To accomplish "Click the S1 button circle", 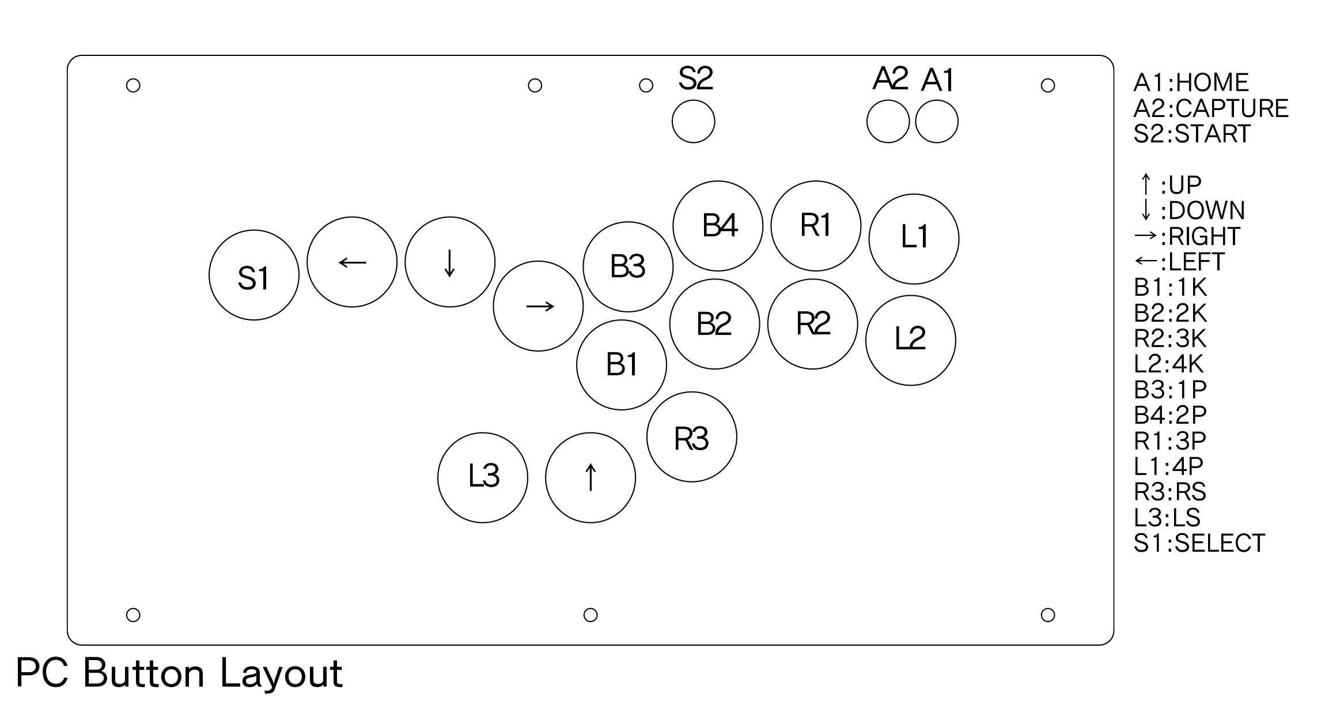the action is tap(254, 275).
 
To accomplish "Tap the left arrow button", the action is tap(352, 262).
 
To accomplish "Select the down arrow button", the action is tap(450, 262).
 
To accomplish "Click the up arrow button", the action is tap(590, 478).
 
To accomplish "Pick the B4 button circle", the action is tap(718, 226).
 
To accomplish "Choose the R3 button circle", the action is tap(692, 436).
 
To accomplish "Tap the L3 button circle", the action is tap(483, 478).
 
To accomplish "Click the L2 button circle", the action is tap(911, 340).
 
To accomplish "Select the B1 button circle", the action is tap(622, 365).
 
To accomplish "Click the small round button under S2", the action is tap(694, 121).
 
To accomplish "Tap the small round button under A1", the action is tap(937, 121).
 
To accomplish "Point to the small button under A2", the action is tap(888, 121).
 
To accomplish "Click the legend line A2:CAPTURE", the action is tap(1211, 108).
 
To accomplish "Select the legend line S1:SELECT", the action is tap(1199, 543).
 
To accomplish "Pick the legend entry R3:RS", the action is tap(1170, 492).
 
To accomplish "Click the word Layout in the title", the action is tap(281, 673).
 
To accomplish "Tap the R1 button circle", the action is tap(816, 225).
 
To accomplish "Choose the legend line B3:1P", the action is tap(1170, 390).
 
